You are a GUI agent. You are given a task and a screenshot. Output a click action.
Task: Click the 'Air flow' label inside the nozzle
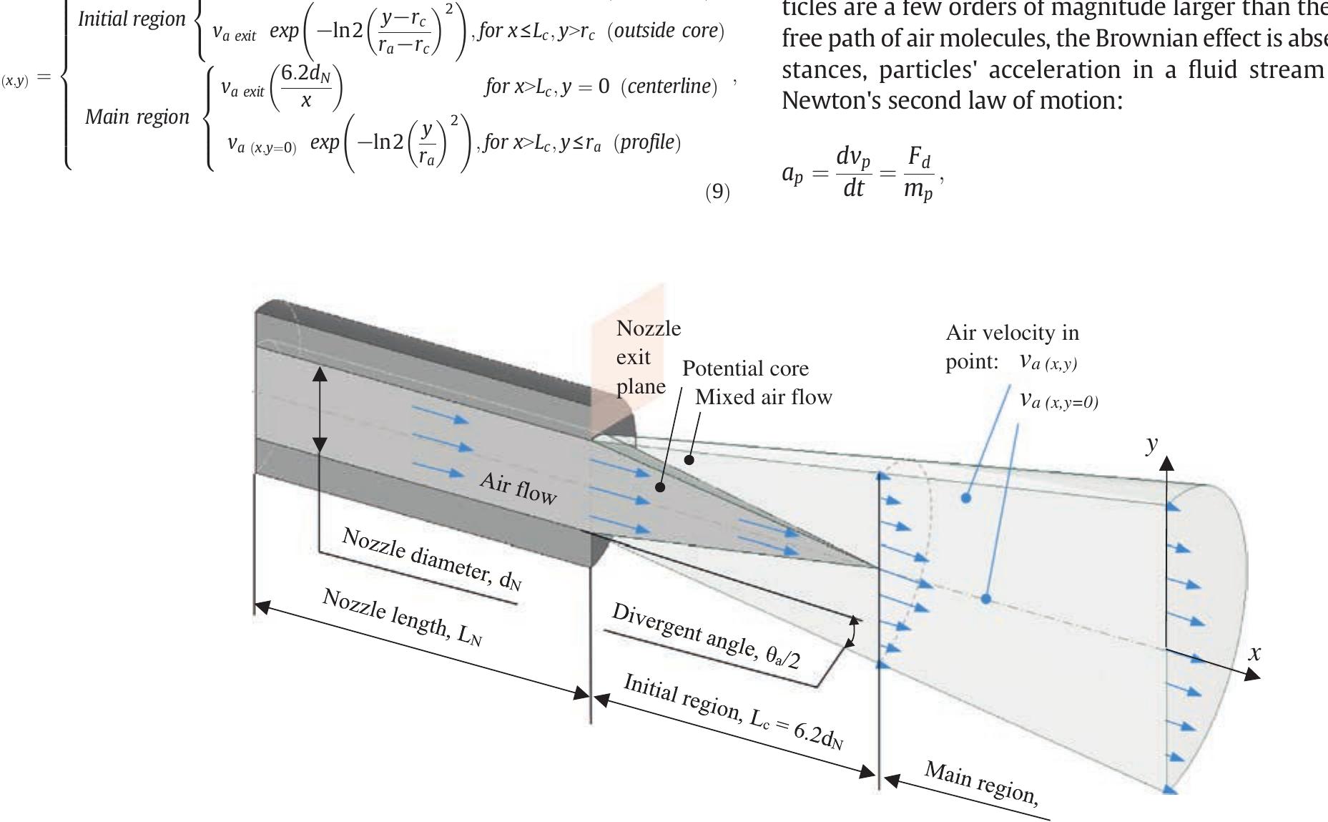518,489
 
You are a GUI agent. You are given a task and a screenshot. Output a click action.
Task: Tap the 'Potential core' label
745,368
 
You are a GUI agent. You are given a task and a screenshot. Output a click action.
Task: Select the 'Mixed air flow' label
764,397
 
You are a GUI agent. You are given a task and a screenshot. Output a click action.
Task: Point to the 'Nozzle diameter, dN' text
432,559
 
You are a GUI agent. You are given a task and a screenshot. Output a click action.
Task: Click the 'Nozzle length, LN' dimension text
403,617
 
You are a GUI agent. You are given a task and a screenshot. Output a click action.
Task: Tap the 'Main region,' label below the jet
981,782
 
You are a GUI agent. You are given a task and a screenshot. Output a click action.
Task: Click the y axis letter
1151,444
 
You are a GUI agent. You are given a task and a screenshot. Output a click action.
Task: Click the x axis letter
1254,652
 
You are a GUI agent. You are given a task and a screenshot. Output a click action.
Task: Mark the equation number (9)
717,192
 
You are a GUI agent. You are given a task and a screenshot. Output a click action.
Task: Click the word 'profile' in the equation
647,142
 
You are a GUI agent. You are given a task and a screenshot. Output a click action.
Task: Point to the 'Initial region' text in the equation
132,19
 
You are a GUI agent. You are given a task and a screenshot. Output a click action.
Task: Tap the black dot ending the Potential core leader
660,487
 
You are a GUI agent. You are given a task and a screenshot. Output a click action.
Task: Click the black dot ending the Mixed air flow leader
689,460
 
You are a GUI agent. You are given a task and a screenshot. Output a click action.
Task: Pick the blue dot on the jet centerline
985,598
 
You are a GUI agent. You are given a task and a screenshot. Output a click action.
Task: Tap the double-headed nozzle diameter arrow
320,408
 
